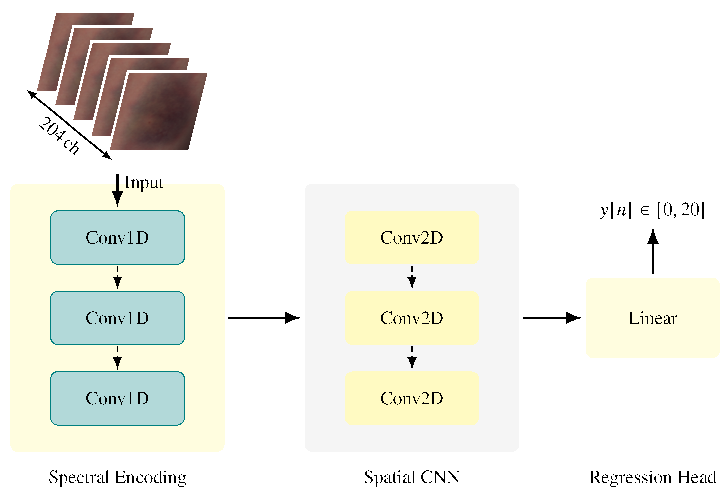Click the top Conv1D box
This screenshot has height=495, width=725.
coord(117,237)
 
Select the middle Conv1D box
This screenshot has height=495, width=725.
coord(117,318)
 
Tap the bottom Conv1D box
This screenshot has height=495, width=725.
coord(117,398)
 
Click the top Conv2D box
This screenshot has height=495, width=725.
coord(412,237)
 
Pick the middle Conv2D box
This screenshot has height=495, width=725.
coord(412,318)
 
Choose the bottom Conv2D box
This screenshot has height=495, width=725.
coord(412,398)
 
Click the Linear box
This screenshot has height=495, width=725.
coord(652,318)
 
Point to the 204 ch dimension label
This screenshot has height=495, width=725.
coord(59,136)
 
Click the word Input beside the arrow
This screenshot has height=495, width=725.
coord(144,182)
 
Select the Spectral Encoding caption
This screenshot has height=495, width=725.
coord(117,477)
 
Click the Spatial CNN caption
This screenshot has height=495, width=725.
coord(412,477)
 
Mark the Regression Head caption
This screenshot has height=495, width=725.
coord(652,477)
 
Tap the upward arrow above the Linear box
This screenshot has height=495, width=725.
coord(653,251)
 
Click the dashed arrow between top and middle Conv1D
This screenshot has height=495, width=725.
coord(117,277)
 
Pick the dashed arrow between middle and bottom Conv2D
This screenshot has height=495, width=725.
coord(412,358)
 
